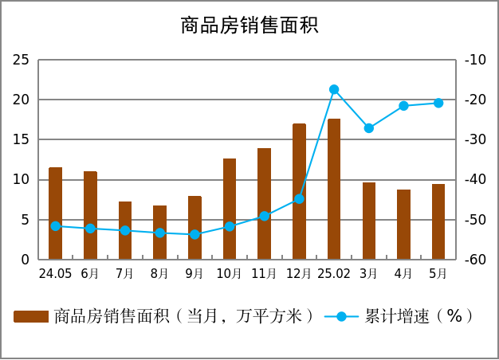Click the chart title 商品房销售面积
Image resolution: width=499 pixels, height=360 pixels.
(x=249, y=25)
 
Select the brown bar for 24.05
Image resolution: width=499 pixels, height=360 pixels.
(x=55, y=213)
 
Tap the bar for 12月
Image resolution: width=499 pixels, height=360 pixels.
(x=299, y=191)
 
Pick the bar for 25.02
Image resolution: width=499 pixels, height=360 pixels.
(x=334, y=189)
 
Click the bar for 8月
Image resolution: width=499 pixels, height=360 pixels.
(x=159, y=233)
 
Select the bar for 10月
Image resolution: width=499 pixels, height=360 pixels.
(x=230, y=209)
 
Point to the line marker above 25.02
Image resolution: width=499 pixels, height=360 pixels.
(x=334, y=90)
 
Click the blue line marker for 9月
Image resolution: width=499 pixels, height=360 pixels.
(x=194, y=234)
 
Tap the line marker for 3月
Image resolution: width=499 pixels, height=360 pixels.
(x=369, y=128)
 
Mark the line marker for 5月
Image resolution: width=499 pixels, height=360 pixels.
(x=438, y=103)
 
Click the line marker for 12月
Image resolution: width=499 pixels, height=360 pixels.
(x=299, y=199)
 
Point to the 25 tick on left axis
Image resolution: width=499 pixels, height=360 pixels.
(x=22, y=60)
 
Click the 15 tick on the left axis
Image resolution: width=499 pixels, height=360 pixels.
(x=22, y=139)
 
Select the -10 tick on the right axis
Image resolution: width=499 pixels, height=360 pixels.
(x=475, y=60)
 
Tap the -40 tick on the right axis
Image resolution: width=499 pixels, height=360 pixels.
(x=475, y=180)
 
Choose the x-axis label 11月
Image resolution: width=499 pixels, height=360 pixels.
(x=264, y=274)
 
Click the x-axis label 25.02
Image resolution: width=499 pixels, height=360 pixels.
(x=334, y=274)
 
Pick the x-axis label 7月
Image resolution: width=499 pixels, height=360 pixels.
(x=124, y=274)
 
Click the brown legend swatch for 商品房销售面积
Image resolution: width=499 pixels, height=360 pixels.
(x=31, y=317)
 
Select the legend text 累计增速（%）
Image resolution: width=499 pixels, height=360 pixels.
(x=418, y=316)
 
